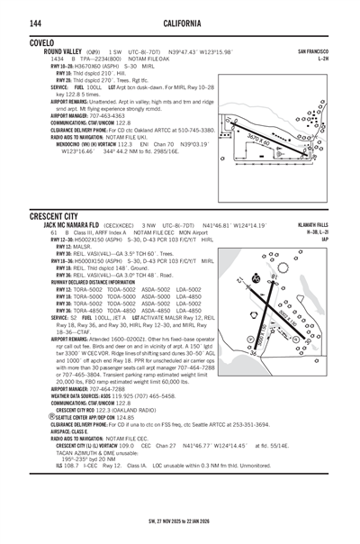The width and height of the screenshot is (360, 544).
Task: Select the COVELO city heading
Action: pyautogui.click(x=40, y=42)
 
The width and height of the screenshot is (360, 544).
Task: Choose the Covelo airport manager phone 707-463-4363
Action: pyautogui.click(x=115, y=116)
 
